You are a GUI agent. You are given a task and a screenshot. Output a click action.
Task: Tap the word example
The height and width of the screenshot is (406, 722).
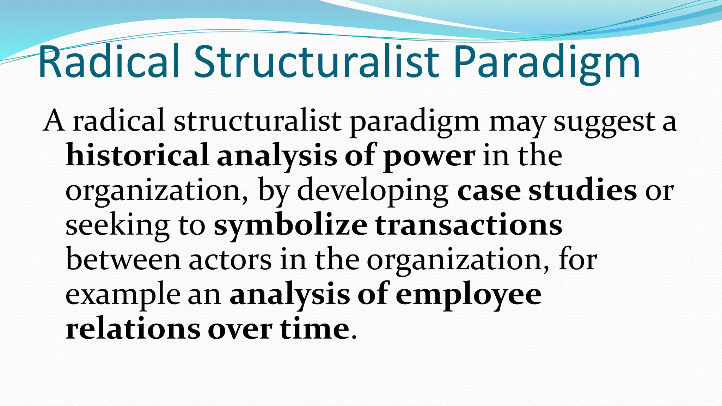point(123,295)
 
